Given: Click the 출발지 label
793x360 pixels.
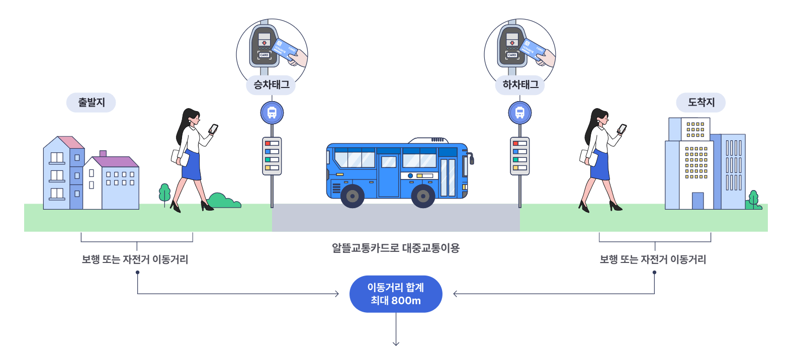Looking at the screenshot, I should pos(91,103).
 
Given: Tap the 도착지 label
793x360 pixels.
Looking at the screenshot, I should pos(701,103).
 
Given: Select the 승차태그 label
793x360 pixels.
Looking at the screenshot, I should pos(271,85).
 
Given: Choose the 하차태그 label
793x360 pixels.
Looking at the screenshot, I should pos(520,85).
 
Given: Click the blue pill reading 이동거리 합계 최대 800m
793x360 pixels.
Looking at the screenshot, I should pos(396,294).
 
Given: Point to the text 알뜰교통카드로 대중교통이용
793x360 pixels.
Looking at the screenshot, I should pos(396,248).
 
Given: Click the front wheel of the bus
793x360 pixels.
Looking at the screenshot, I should pos(423,196).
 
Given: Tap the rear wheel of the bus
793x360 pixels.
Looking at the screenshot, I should pos(353,196).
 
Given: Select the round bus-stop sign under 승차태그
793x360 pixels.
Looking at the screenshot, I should pos(272,113).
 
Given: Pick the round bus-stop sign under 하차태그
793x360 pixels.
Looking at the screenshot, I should pos(520,113).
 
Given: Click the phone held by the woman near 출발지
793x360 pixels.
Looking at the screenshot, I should pos(213,129).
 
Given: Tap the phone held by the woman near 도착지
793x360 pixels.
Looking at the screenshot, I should pos(622,129).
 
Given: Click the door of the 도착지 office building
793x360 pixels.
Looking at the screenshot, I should pos(697,201).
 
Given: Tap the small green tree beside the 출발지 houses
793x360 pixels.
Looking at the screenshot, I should pos(164,193).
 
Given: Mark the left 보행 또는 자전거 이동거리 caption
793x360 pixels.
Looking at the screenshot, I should pos(135,259).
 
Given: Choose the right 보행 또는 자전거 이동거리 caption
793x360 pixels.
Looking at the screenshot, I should pos(653,259).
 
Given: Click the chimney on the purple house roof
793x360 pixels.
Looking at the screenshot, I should pos(103,153).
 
